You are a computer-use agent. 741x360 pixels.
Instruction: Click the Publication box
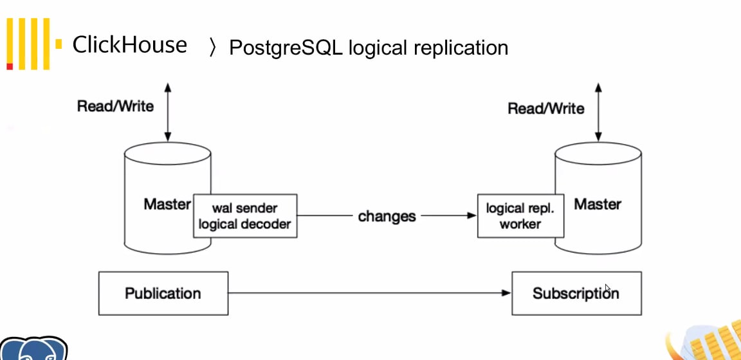[x=163, y=293]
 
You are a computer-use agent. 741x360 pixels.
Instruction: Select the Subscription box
[x=576, y=293]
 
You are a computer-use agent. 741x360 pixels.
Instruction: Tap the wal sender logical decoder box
[x=245, y=216]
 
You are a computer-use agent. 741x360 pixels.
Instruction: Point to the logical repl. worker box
[x=520, y=216]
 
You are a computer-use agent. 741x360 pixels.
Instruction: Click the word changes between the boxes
[x=387, y=217]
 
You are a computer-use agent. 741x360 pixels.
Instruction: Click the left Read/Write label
[x=115, y=106]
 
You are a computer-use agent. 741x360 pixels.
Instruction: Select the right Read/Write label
[x=546, y=109]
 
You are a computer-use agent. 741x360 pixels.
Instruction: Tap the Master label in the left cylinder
[x=167, y=204]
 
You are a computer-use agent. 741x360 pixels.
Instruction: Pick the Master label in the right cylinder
[x=598, y=204]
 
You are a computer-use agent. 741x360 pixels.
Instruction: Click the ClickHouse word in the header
[x=129, y=45]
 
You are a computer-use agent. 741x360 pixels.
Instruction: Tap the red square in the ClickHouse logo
[x=10, y=66]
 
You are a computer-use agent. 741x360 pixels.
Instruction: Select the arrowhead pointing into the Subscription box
[x=506, y=293]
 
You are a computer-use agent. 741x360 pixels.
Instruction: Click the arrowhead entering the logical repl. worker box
[x=471, y=215]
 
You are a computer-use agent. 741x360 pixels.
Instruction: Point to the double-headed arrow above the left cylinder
[x=167, y=112]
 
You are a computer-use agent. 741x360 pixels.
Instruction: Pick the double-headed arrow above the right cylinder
[x=598, y=112]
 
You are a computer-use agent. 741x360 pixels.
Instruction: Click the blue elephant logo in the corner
[x=33, y=348]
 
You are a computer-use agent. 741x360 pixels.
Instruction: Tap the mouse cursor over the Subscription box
[x=608, y=289]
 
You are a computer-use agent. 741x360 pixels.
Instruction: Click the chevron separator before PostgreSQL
[x=213, y=48]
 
